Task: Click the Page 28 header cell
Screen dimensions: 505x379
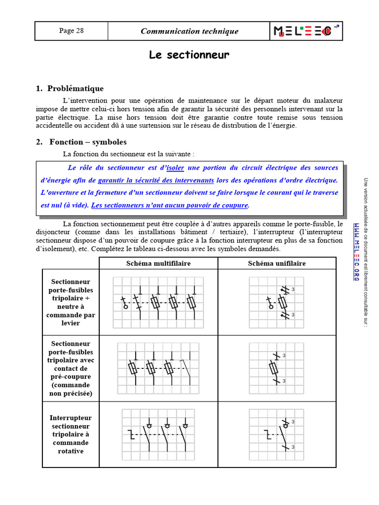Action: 71,31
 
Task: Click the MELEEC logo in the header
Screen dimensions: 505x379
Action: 306,31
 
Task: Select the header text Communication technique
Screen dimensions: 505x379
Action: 189,32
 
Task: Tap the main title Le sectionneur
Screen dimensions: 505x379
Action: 189,55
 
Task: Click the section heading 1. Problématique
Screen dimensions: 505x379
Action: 70,89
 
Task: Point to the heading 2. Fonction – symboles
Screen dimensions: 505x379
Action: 81,142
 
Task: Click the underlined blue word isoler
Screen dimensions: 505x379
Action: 175,168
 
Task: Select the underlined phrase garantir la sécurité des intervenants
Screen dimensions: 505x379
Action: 155,180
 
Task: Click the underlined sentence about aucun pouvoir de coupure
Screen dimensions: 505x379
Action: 170,205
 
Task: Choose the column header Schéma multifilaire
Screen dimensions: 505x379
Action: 158,263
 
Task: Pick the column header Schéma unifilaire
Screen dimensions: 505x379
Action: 276,263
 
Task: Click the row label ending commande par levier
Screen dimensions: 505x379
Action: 71,302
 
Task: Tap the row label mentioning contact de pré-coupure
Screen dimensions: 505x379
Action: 71,368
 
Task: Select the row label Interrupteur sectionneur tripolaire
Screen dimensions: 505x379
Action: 71,434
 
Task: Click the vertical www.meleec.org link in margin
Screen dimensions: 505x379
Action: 356,252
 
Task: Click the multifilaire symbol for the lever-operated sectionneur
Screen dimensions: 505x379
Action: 158,302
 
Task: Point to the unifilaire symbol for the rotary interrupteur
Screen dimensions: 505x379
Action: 276,434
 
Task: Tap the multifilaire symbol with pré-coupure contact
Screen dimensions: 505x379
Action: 158,368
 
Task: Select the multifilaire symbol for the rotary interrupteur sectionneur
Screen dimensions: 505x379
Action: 158,434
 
